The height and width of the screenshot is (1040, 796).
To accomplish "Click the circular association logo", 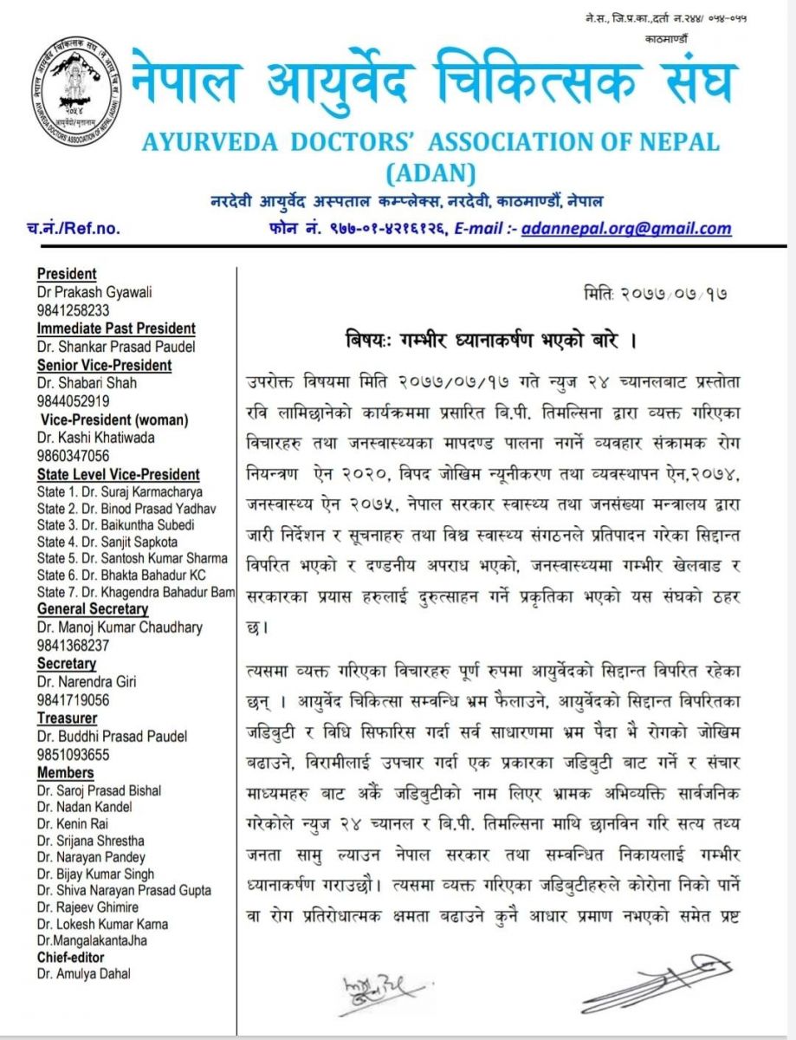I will click(78, 94).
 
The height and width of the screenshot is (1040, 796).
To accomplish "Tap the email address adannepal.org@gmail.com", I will click(626, 229).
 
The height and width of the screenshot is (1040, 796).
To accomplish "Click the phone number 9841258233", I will click(73, 310).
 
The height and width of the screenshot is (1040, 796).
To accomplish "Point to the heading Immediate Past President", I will click(116, 328).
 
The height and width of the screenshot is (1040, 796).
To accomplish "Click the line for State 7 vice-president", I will click(136, 591).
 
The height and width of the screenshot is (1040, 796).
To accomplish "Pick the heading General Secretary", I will click(93, 609).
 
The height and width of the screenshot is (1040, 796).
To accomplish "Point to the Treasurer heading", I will click(67, 718).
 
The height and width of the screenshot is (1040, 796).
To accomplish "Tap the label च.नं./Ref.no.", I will click(74, 230).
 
